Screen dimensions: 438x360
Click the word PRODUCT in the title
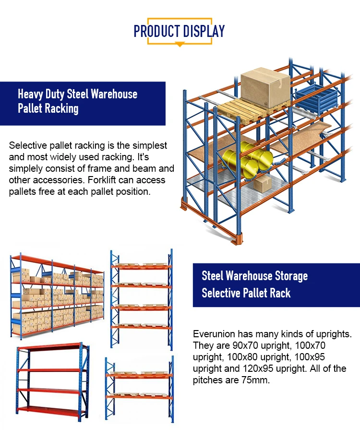[156, 32]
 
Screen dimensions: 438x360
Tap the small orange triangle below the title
[180, 45]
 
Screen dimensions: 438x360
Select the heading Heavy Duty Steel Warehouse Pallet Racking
[78, 101]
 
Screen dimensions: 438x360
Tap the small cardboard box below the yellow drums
[262, 183]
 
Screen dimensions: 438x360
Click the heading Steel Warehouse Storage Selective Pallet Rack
[254, 284]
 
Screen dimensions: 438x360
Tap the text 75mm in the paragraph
[259, 380]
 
